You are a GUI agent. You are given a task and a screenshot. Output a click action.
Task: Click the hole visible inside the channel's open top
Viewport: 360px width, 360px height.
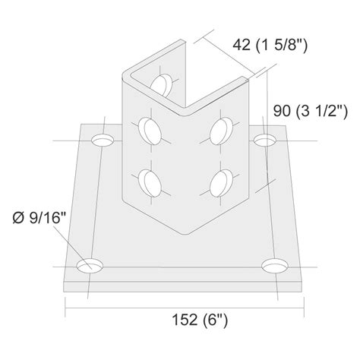[x=161, y=83]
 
